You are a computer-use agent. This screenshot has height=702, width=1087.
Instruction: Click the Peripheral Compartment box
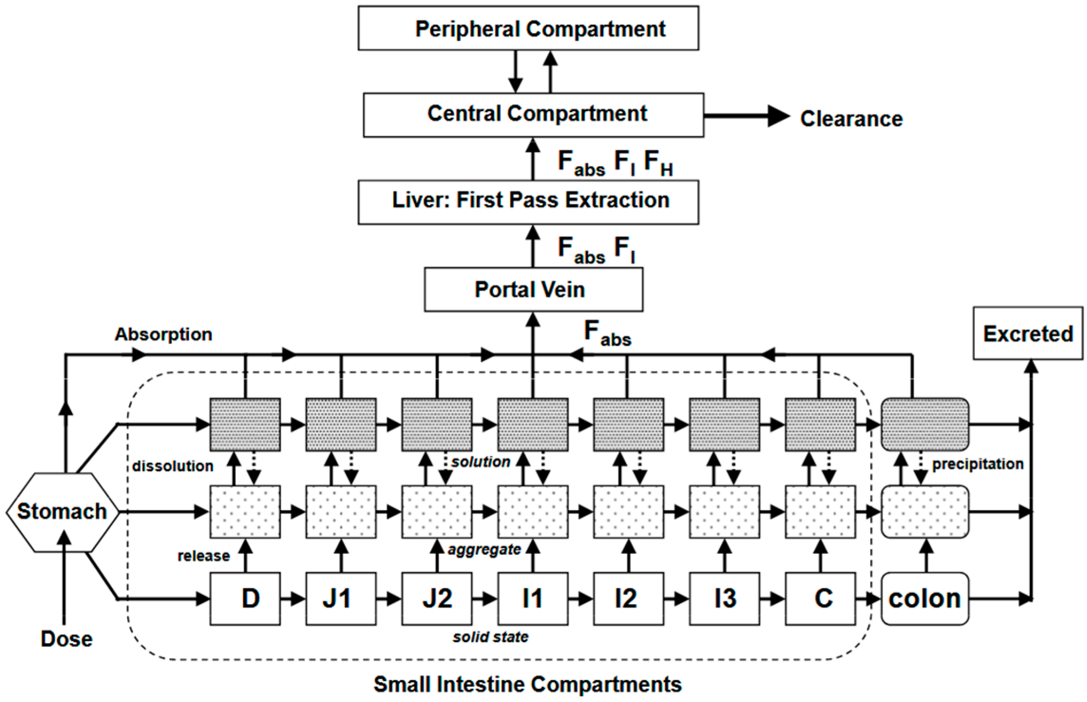coord(528,28)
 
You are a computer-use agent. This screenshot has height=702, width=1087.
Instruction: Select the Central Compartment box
coord(533,114)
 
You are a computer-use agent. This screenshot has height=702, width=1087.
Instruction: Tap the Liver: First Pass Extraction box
coord(528,201)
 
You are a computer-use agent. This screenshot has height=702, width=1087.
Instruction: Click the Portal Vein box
coord(533,289)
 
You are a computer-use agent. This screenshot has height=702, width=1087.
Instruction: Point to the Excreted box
coord(1028,333)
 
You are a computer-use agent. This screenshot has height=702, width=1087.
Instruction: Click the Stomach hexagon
coord(62,512)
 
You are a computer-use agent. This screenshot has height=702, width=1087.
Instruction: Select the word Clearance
coord(851,119)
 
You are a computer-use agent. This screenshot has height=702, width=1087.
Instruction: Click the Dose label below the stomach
coord(66,639)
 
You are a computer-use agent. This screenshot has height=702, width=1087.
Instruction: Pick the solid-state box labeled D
coord(245,598)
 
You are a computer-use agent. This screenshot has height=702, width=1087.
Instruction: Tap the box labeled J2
coord(437,598)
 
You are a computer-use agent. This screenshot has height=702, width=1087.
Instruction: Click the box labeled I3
coord(724,598)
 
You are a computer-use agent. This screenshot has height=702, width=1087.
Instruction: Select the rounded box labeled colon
coord(925,598)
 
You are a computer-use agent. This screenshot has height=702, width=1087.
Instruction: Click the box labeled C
coord(820,598)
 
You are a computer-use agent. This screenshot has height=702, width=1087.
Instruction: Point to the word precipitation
coord(977,464)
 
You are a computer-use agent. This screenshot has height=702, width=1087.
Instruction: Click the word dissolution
coord(172,466)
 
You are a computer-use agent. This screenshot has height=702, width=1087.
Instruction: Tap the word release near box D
coord(203,556)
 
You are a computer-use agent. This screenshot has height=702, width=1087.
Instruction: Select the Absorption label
coord(163,334)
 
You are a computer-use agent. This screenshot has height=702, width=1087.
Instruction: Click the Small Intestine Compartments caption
coord(527,684)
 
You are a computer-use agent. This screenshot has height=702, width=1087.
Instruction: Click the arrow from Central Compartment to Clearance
coord(746,116)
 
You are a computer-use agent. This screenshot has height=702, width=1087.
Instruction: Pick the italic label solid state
coord(490,636)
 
